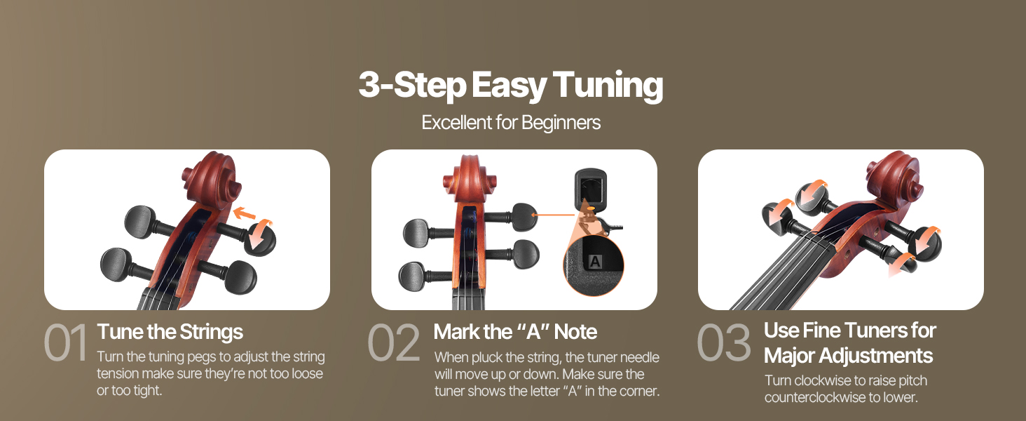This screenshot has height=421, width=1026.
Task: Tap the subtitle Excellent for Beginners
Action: tap(511, 123)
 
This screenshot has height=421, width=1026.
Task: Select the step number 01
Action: tap(65, 342)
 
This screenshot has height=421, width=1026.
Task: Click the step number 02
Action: tap(394, 342)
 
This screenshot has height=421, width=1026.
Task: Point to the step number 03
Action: tap(723, 342)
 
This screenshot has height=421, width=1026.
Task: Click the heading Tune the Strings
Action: tap(170, 332)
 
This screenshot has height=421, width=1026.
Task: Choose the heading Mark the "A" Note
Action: tap(515, 332)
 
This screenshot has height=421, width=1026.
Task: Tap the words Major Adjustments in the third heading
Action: tap(848, 356)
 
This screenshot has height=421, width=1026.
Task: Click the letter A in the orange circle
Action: tap(594, 262)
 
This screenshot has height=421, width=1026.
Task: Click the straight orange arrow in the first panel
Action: tap(245, 213)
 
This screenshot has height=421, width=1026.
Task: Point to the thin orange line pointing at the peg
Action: tap(553, 215)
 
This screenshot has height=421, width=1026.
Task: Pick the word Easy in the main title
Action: tap(509, 86)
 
